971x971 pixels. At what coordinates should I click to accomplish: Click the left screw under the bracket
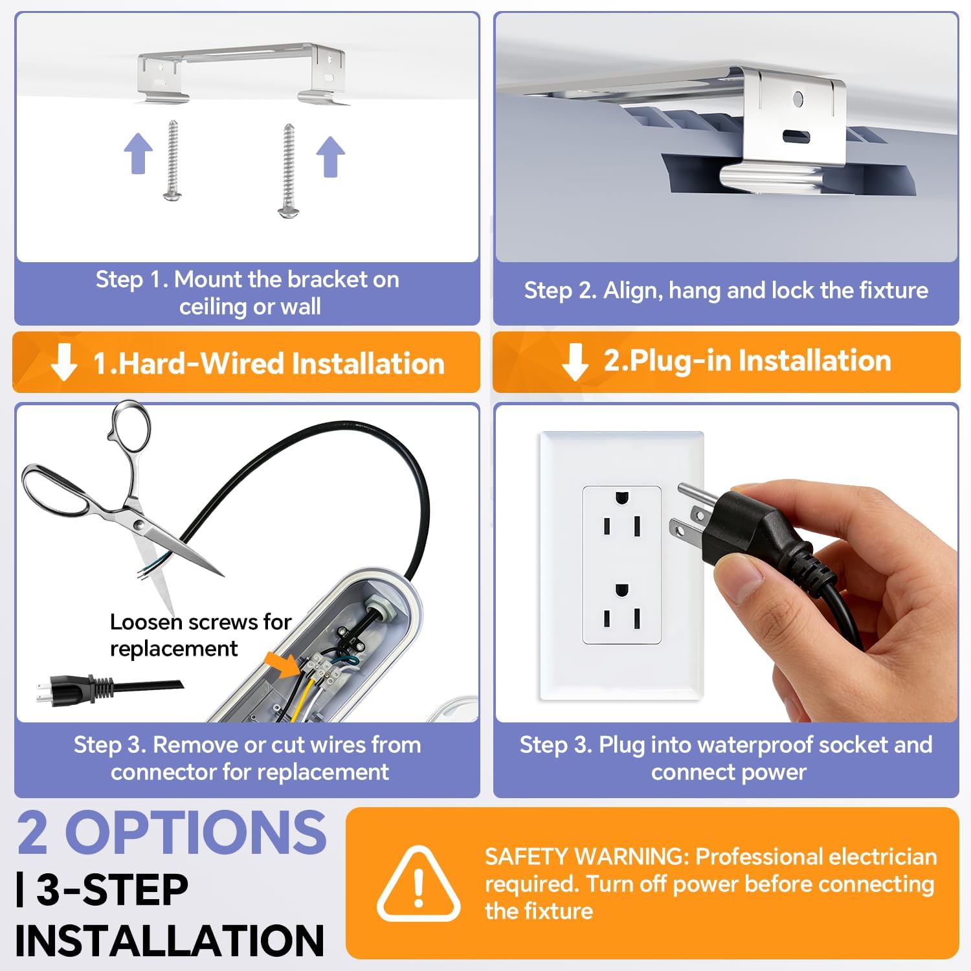pyautogui.click(x=173, y=160)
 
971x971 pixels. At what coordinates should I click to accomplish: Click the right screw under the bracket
pyautogui.click(x=289, y=171)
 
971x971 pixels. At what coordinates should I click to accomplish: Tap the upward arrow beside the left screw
pyautogui.click(x=139, y=153)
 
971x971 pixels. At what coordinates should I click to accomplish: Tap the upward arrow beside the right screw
pyautogui.click(x=331, y=157)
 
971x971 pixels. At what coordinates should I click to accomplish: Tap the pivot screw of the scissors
pyautogui.click(x=139, y=524)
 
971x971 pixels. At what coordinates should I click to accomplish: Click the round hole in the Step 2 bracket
pyautogui.click(x=798, y=99)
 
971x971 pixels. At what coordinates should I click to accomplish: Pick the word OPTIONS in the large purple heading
pyautogui.click(x=195, y=832)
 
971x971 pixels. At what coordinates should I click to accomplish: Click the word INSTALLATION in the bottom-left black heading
pyautogui.click(x=170, y=941)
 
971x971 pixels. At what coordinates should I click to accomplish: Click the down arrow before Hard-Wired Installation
pyautogui.click(x=63, y=362)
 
